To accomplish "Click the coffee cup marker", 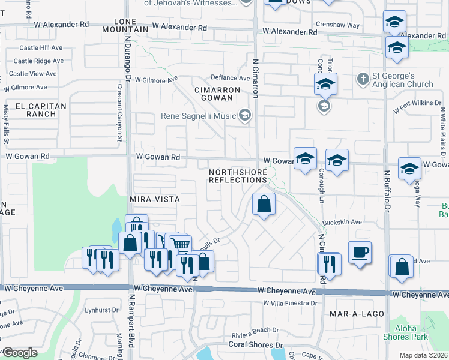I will pos(360,252).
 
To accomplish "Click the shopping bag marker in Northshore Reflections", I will pos(264,205).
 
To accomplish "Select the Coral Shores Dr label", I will pos(255,345).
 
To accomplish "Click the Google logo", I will pos(20,353).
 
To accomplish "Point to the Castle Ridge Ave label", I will pos(38,61).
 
